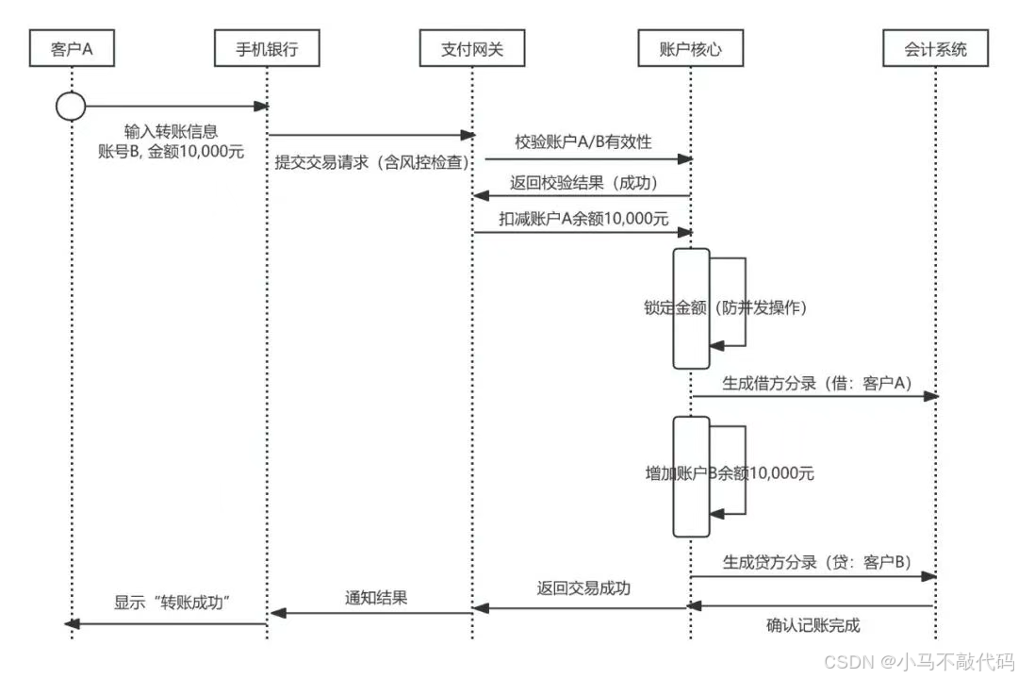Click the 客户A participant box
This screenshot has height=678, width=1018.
click(x=72, y=48)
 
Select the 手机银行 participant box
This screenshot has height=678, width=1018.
click(x=268, y=48)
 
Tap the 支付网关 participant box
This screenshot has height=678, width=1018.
click(x=472, y=48)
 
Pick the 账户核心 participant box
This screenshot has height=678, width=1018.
click(x=690, y=48)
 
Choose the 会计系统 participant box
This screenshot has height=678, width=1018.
click(x=936, y=48)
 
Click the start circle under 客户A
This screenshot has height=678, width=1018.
click(x=71, y=107)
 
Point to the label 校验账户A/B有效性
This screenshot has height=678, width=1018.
click(x=583, y=141)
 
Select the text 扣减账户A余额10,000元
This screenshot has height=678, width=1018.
click(x=583, y=218)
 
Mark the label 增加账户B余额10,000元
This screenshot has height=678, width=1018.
click(x=723, y=473)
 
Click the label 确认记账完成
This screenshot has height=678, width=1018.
click(x=813, y=624)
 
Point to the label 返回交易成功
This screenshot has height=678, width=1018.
click(x=583, y=588)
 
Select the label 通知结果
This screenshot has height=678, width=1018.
click(x=376, y=597)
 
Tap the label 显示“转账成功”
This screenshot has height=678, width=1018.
click(x=173, y=604)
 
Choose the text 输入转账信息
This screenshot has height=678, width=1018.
click(x=172, y=131)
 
